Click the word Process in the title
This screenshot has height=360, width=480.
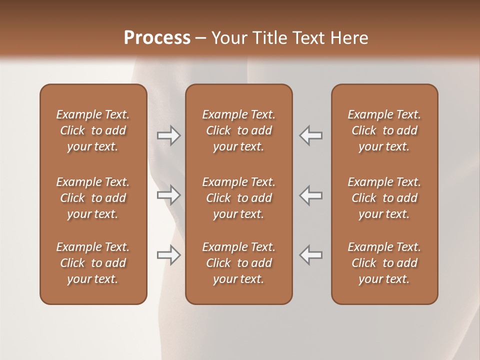(x=157, y=38)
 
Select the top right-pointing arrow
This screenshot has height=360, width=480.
(x=169, y=135)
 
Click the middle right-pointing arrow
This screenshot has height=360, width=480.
(x=169, y=195)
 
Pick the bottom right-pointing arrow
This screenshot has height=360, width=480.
(x=169, y=255)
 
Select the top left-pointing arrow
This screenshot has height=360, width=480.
(x=311, y=135)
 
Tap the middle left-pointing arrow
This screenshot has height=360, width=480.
(x=311, y=195)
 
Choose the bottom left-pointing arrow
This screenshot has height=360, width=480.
(x=311, y=255)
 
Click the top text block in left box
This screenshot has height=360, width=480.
(x=93, y=130)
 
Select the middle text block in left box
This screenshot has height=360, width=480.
(x=93, y=198)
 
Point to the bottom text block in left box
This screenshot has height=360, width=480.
(x=93, y=263)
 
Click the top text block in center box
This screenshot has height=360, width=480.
(x=238, y=130)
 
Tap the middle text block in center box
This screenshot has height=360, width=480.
(x=238, y=198)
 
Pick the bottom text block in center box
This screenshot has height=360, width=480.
(x=238, y=263)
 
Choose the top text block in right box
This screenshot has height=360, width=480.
(x=384, y=130)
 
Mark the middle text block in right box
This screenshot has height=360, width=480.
(x=384, y=198)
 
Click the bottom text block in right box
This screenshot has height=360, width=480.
(x=384, y=263)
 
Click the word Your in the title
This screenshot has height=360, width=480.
(x=228, y=38)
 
